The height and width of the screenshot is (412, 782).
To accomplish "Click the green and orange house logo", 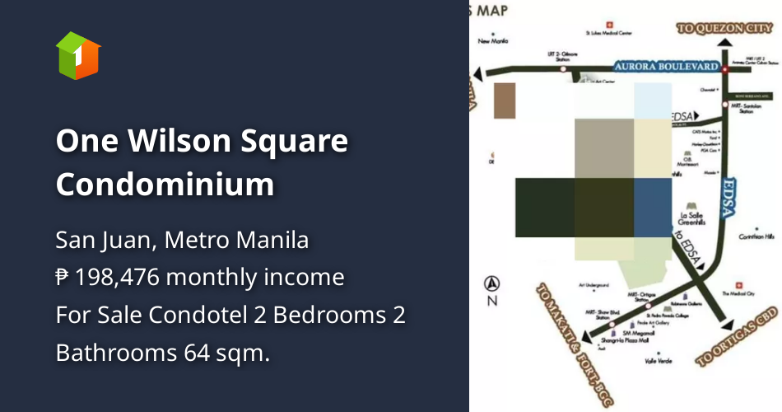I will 78,56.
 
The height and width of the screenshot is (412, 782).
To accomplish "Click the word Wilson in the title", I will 175,142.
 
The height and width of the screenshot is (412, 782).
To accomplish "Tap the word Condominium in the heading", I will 165,184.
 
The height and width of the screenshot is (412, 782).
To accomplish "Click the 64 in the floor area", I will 199,353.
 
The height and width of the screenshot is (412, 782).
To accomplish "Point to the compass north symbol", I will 492,283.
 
